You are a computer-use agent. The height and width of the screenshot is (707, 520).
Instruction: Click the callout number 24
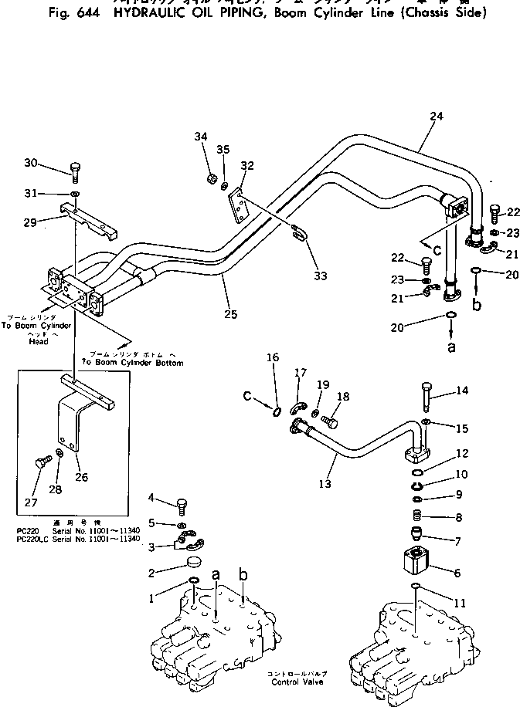437,117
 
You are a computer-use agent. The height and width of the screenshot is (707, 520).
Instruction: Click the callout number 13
325,484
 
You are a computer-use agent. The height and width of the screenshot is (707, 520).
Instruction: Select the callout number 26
82,477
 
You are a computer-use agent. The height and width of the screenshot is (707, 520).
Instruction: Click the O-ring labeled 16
277,409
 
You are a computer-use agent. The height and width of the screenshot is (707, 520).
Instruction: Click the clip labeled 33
299,232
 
